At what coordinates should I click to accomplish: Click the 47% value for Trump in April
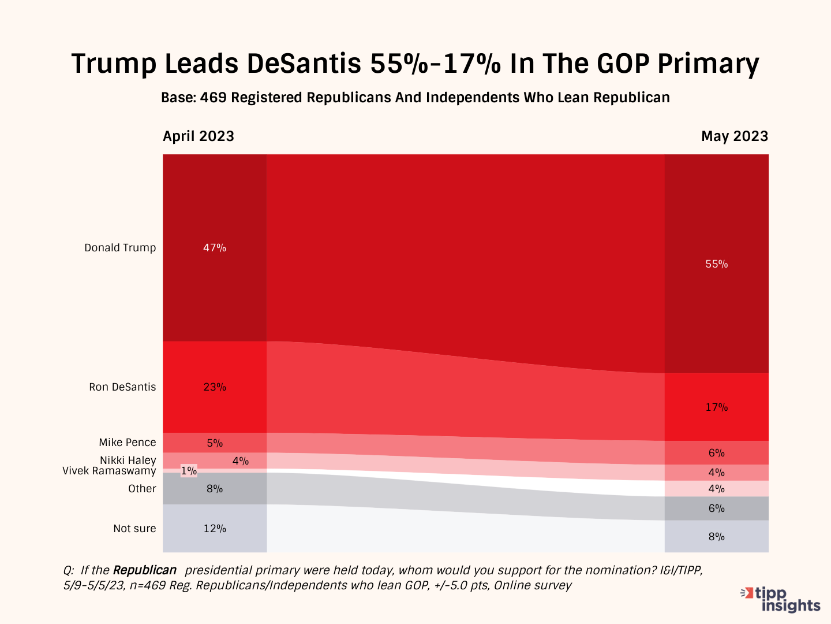point(215,248)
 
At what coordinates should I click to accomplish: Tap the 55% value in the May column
point(717,264)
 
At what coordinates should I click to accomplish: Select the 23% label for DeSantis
point(215,387)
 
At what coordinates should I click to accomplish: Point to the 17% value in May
point(717,407)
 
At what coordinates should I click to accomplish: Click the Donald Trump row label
point(120,248)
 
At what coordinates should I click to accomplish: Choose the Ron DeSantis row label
point(122,387)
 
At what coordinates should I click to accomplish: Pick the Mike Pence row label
point(128,443)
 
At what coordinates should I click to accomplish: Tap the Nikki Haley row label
point(128,460)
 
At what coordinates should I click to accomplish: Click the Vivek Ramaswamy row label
point(109,471)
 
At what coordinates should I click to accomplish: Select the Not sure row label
point(134,529)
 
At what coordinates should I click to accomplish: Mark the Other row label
point(142,489)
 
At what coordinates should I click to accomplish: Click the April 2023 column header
point(199,136)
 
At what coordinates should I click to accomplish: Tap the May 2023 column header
point(735,136)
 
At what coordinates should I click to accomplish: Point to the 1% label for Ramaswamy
point(189,471)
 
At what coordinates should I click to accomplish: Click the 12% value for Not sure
point(215,529)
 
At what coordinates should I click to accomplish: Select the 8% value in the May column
point(717,537)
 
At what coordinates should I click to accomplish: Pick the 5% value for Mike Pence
point(215,443)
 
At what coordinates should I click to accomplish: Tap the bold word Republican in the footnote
point(145,570)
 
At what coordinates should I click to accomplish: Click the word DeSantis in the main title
point(304,64)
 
